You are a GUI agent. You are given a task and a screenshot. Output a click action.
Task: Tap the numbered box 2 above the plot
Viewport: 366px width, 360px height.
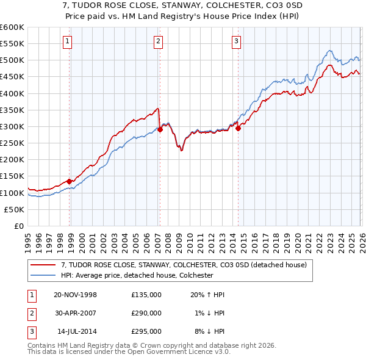pos(158,41)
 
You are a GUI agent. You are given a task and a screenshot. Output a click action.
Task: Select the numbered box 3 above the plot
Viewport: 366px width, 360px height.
pos(236,41)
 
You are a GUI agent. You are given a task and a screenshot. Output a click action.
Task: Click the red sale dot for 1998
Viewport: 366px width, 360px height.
pos(70,181)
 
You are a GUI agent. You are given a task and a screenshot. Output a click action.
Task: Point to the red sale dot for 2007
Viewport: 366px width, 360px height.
pos(160,129)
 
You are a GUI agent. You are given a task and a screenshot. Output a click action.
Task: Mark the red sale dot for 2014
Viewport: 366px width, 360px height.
pos(238,128)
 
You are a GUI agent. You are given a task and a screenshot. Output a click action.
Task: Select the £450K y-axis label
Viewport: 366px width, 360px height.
pos(12,77)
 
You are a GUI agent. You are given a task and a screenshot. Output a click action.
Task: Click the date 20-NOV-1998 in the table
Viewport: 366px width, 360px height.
pos(76,295)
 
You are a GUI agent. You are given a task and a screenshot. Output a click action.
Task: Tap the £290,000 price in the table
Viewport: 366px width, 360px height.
pos(146,313)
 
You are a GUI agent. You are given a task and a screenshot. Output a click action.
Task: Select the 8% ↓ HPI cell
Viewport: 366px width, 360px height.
pos(209,331)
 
